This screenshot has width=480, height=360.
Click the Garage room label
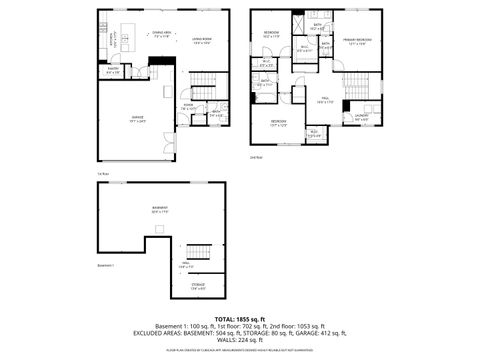click(137, 118)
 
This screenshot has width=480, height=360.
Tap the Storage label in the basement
click(199, 287)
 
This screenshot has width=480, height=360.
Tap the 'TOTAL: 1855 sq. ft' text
click(240, 318)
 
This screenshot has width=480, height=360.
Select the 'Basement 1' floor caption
click(106, 265)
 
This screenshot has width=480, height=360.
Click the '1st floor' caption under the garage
click(102, 174)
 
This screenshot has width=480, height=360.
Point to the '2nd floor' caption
click(256, 157)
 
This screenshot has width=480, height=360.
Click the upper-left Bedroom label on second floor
click(272, 34)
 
